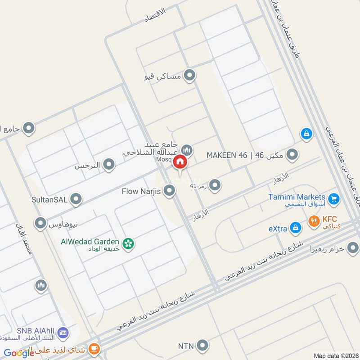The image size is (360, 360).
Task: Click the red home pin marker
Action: (x=180, y=162)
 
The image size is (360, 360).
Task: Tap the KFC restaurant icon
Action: (x=314, y=221)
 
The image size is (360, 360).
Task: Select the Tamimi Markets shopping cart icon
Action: (x=333, y=198)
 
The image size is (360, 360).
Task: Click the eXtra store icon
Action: (x=295, y=228)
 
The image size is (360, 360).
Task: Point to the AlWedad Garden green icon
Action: (x=129, y=243)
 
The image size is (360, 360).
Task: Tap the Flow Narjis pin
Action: (x=169, y=191)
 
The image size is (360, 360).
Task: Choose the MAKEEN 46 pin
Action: (x=292, y=155)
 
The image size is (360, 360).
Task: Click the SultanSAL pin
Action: (x=76, y=198)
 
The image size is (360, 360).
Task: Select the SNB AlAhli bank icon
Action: (x=63, y=333)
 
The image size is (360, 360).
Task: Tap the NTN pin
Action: (x=203, y=346)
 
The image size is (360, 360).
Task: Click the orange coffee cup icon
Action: (x=94, y=348)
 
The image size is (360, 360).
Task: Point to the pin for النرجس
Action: (x=108, y=165)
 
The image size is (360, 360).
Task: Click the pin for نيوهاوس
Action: (x=41, y=222)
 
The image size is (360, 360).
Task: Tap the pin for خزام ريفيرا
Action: (x=353, y=247)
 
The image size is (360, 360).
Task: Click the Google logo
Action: (x=19, y=353)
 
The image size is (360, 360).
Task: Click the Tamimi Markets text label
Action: (x=297, y=197)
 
